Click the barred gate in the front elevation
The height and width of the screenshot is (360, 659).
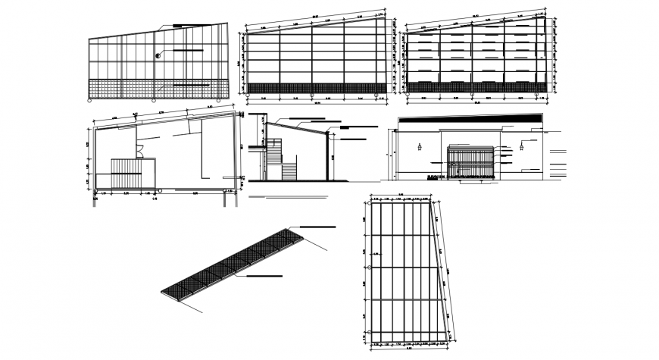(470, 164)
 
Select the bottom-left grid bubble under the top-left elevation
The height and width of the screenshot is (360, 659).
(89, 100)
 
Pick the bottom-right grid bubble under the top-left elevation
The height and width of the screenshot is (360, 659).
(219, 100)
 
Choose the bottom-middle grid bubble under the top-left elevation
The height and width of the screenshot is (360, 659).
(154, 100)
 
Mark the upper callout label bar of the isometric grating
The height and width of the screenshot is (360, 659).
(318, 227)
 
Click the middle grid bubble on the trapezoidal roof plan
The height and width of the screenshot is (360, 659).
(367, 268)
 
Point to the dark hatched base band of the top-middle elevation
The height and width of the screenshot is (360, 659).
(317, 88)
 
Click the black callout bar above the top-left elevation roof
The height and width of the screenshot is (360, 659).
(178, 27)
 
